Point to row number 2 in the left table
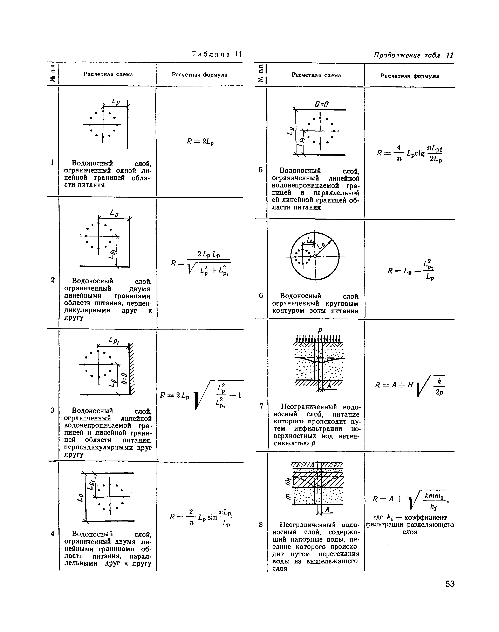(x=53, y=280)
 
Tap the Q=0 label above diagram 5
(x=322, y=104)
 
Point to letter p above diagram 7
(x=320, y=330)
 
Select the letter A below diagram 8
(x=327, y=509)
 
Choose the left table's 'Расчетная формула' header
(x=200, y=75)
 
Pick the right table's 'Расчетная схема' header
(x=316, y=75)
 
